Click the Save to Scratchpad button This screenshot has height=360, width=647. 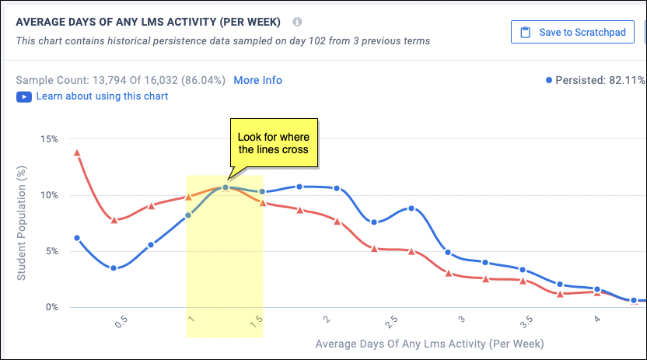click(572, 32)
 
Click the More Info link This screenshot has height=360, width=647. click(257, 80)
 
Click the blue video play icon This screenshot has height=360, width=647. click(23, 96)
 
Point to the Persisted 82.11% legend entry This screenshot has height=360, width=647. click(596, 80)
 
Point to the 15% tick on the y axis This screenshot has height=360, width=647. click(48, 139)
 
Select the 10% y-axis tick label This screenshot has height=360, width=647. click(48, 195)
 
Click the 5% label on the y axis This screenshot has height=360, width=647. click(51, 251)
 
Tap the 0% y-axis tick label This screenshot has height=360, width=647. click(51, 307)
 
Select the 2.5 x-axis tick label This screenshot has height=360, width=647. click(393, 323)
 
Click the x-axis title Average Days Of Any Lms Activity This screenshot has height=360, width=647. click(429, 343)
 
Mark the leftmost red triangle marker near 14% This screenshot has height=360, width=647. click(76, 152)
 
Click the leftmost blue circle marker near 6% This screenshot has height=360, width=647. click(76, 238)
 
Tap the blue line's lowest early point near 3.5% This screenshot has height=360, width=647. click(114, 268)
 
